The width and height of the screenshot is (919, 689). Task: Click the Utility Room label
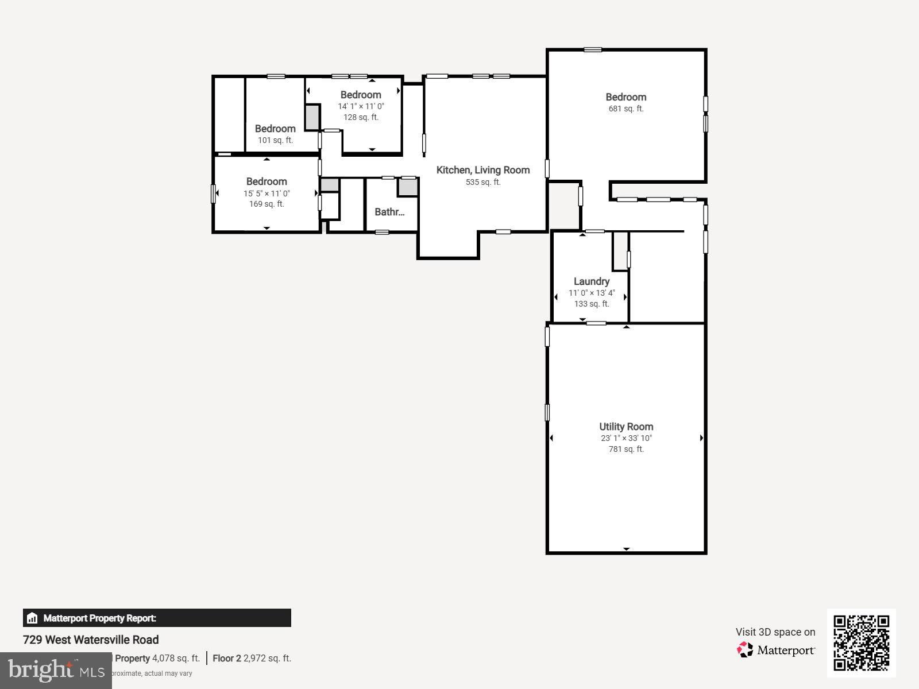626,427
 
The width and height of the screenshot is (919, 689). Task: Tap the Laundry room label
591,281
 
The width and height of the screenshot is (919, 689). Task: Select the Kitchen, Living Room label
482,170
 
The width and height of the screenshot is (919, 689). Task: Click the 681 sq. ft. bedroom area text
625,109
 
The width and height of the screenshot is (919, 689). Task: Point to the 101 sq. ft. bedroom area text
275,140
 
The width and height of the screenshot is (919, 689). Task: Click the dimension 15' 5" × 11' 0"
267,193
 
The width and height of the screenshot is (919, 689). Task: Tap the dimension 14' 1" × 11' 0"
361,106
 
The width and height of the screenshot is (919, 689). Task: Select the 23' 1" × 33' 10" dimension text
626,438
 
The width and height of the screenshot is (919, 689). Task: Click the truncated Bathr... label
389,212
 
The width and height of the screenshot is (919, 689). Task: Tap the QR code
861,642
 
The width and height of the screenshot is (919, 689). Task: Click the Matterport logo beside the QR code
775,650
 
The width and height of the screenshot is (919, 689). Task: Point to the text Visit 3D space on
775,632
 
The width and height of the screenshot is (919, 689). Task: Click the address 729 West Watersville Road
91,640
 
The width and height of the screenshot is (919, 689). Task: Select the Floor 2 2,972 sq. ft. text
252,659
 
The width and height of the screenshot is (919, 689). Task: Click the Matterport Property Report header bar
157,618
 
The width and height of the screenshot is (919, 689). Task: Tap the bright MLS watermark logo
56,670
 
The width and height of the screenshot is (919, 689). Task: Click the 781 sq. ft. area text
626,449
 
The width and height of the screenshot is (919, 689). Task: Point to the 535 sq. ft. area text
482,182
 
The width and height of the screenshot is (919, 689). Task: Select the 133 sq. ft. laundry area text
591,304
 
